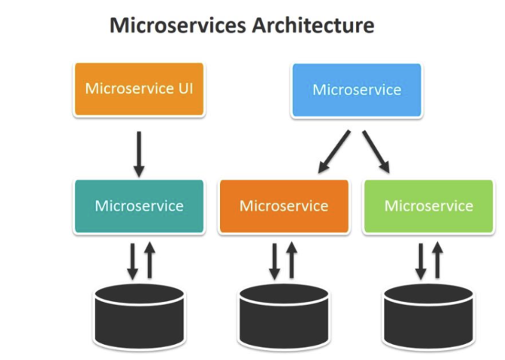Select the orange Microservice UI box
(139, 88)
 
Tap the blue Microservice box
(357, 90)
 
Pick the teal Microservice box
(139, 206)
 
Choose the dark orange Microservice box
(284, 206)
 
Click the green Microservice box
(429, 206)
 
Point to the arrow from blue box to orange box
(333, 151)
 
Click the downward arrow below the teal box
(132, 261)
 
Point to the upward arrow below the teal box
(149, 260)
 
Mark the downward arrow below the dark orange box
(276, 261)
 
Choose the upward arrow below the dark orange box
(293, 260)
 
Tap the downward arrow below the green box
(420, 261)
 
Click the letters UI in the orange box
(185, 88)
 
